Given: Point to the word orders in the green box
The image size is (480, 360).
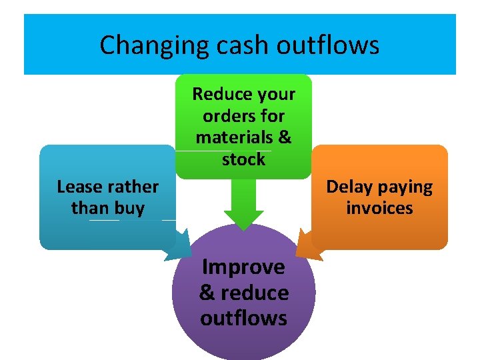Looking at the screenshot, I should (x=227, y=116).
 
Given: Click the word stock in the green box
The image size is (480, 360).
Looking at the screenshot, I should (x=243, y=159).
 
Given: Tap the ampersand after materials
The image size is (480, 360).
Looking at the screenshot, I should (x=285, y=137).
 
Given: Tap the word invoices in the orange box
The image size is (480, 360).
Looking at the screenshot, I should (x=379, y=208).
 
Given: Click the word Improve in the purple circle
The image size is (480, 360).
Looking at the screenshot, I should (x=243, y=267).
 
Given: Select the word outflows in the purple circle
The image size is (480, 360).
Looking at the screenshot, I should (x=243, y=318).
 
